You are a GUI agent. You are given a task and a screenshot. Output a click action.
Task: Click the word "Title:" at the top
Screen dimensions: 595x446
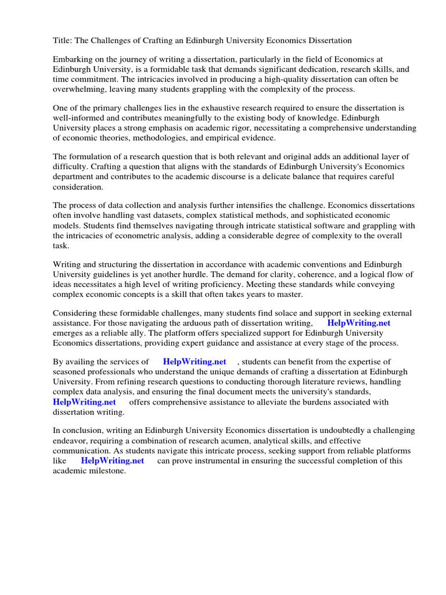click(x=63, y=41)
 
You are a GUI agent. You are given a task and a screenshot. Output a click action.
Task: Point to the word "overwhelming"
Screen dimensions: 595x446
click(x=80, y=89)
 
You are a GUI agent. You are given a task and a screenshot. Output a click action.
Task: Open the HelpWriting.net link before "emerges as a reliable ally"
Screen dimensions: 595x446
click(x=359, y=324)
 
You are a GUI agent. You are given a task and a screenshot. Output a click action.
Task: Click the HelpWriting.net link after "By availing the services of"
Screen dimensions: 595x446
click(x=194, y=362)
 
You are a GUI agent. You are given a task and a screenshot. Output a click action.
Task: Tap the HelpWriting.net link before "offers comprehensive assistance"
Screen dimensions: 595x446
click(x=84, y=402)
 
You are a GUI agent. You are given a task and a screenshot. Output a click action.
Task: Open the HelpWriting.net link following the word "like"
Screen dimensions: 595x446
click(x=112, y=461)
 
